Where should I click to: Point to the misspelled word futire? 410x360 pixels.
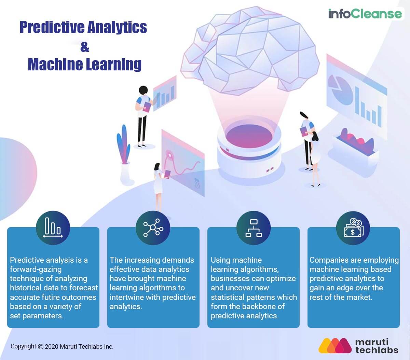tap(63, 297)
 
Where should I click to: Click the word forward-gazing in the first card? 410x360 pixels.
tap(36, 269)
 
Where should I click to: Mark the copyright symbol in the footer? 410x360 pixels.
tap(41, 346)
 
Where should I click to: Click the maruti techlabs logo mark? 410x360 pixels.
tap(335, 346)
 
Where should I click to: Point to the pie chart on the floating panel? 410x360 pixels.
tap(340, 85)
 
